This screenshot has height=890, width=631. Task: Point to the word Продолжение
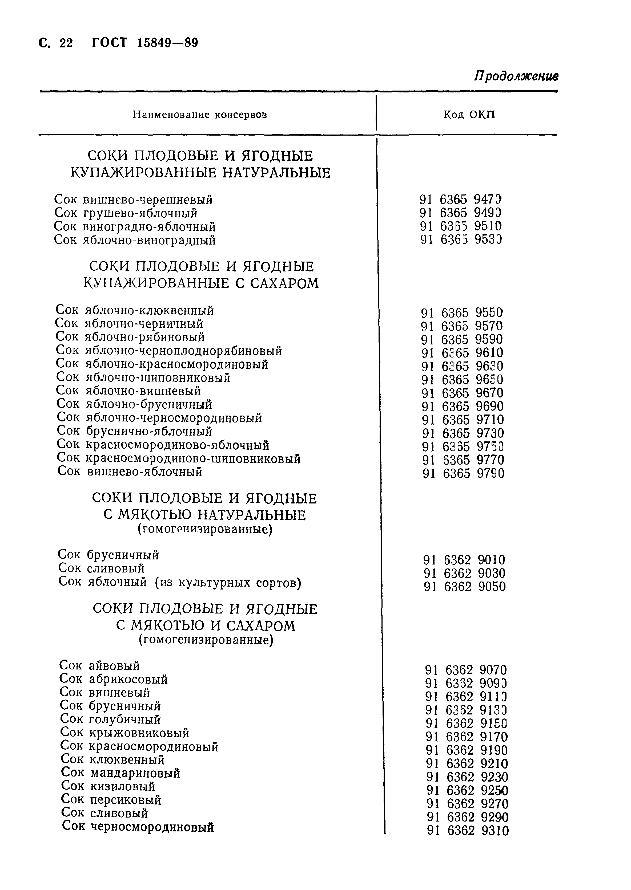(x=516, y=76)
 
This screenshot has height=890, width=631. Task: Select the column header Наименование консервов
(x=199, y=115)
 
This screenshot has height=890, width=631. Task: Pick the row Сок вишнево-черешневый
(x=133, y=200)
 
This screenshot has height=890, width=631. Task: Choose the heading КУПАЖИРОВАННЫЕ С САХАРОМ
(x=201, y=283)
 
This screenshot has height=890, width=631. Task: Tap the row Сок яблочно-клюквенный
(x=134, y=310)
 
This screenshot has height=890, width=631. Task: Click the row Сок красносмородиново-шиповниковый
(x=179, y=459)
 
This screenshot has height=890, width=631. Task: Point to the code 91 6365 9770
(x=463, y=460)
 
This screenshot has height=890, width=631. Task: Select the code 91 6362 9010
(x=464, y=560)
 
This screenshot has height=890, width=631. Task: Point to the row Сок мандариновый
(x=120, y=773)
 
